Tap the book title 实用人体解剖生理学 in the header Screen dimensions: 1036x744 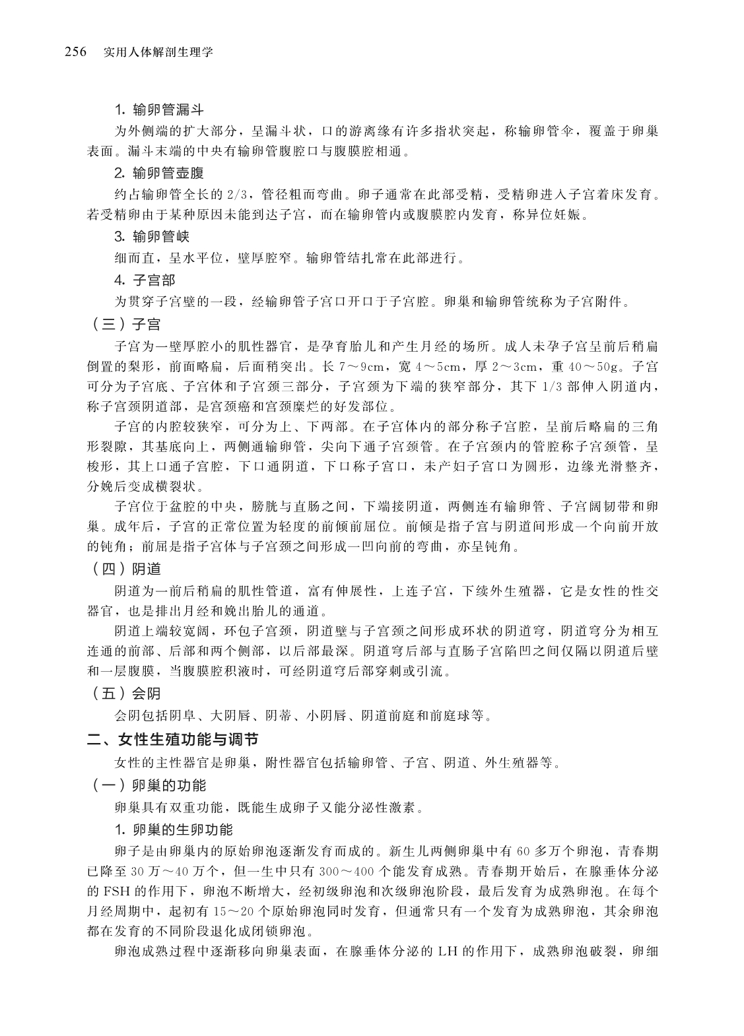point(158,52)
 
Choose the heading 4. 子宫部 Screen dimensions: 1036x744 point(145,280)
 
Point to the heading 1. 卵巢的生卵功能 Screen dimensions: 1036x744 point(173,829)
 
